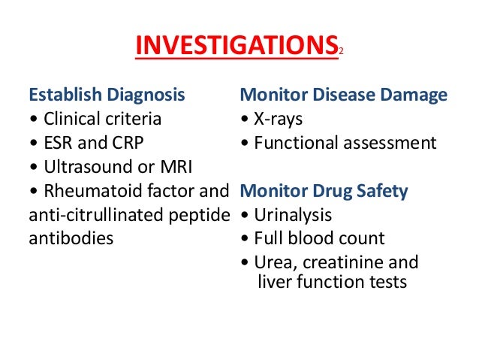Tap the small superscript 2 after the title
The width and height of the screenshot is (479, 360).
click(x=340, y=51)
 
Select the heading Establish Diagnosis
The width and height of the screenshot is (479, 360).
click(x=106, y=95)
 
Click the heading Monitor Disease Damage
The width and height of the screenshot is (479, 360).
click(x=343, y=95)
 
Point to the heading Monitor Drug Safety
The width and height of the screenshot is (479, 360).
click(x=324, y=192)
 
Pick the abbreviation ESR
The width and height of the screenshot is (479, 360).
click(x=60, y=143)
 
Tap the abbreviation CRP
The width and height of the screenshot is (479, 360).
click(x=129, y=143)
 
